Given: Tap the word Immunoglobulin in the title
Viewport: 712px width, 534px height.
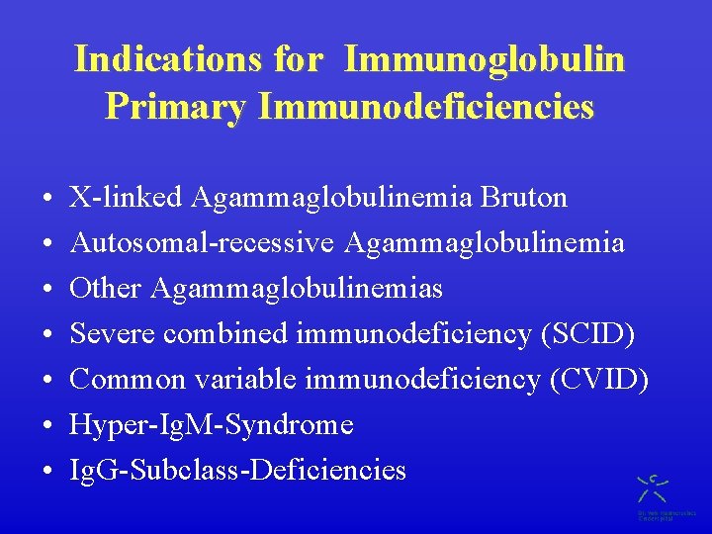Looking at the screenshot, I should tap(484, 59).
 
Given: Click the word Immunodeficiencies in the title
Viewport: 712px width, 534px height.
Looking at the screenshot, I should tap(425, 106).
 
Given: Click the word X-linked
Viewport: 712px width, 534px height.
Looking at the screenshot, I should tap(127, 198).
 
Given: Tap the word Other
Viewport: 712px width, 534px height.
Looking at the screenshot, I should tap(107, 289).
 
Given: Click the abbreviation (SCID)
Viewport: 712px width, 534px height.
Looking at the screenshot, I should tap(587, 334).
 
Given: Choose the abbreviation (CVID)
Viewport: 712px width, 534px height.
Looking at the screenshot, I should tap(598, 380).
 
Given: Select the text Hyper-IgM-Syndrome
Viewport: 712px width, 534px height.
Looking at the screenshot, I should tap(212, 425).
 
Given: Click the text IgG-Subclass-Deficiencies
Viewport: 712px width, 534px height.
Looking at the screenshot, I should tap(237, 471).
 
